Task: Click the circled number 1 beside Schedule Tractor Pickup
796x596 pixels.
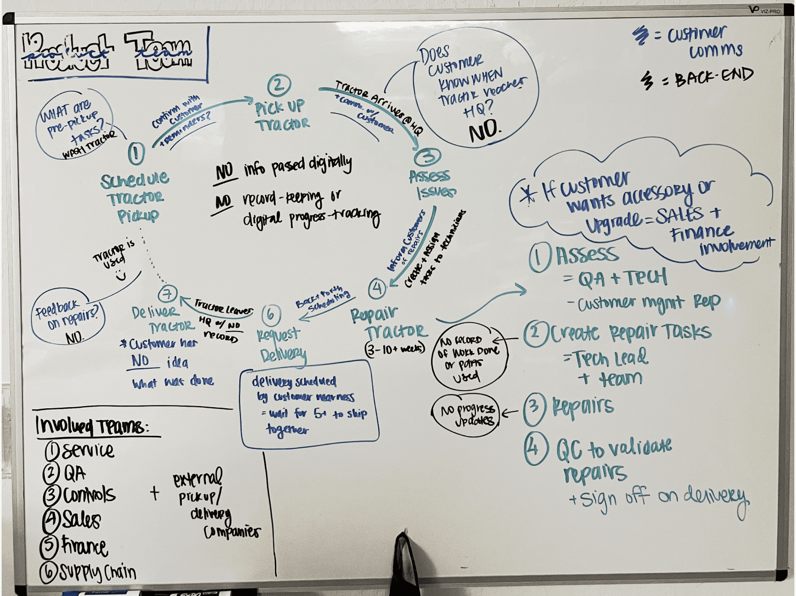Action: [136, 154]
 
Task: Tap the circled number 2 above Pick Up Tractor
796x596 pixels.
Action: [279, 86]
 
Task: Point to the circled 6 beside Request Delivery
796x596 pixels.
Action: [271, 314]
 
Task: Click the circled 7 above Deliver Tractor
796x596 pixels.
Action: [167, 294]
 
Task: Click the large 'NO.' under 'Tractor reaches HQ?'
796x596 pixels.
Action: [484, 130]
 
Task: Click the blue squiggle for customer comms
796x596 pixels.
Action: [640, 35]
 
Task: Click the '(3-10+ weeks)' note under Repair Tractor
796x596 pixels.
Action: [395, 349]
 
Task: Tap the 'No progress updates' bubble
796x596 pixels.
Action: [468, 415]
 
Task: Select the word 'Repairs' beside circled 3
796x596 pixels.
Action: [582, 407]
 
